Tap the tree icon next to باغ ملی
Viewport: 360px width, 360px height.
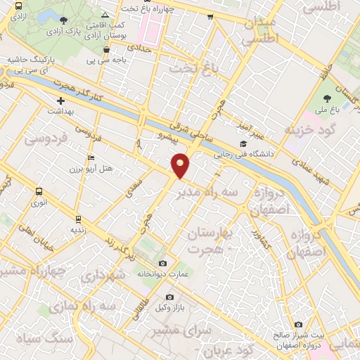pyautogui.click(x=327, y=98)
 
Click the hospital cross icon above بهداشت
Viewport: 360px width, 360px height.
pyautogui.click(x=61, y=101)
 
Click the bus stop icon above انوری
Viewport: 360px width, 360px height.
pyautogui.click(x=38, y=191)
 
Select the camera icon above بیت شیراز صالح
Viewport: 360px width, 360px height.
pyautogui.click(x=298, y=324)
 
